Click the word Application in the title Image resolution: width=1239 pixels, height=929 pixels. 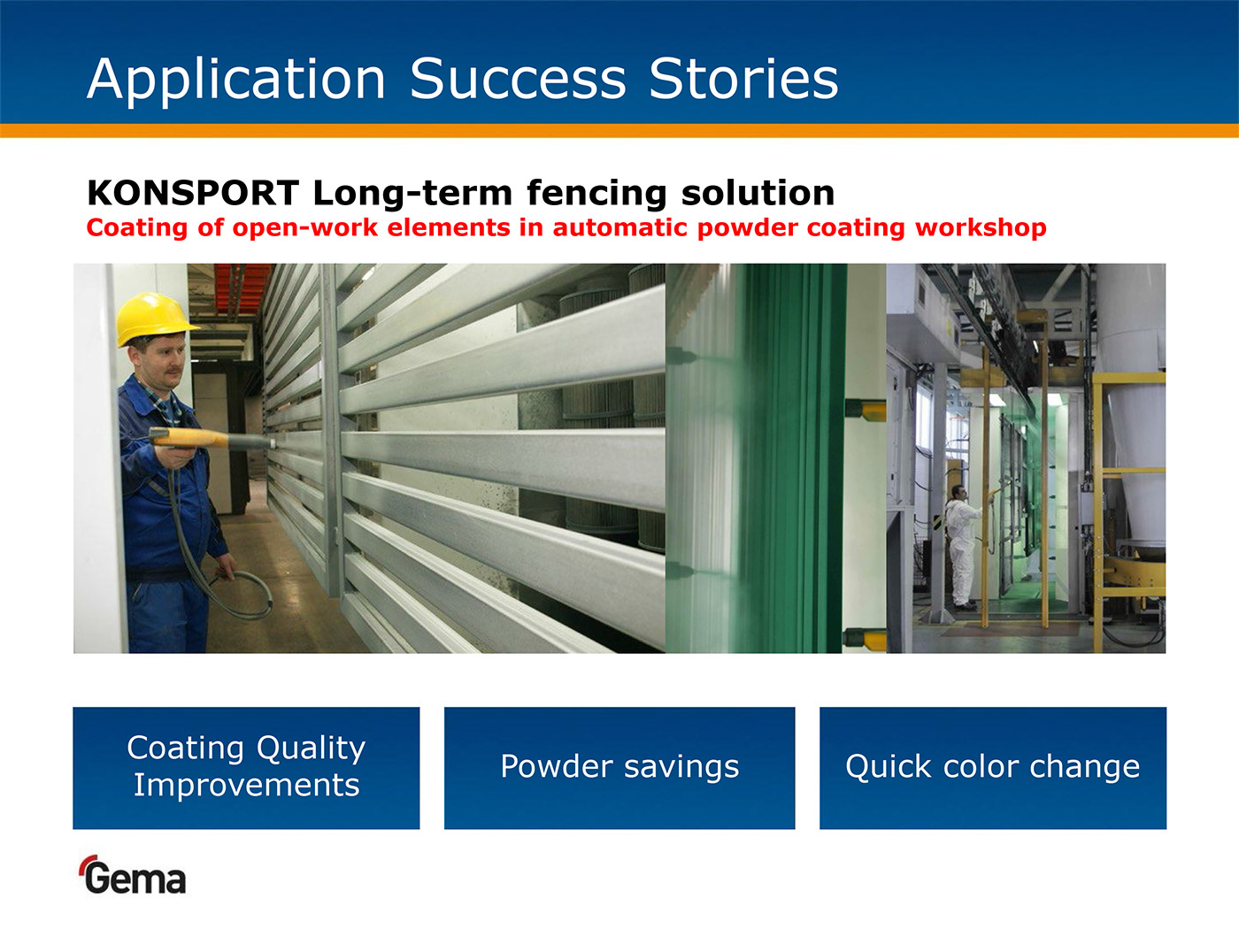coord(236,81)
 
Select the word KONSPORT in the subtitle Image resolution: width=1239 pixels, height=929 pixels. coord(192,193)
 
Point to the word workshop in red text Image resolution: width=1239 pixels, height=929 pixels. coord(981,228)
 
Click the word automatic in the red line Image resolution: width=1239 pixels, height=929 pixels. coord(619,227)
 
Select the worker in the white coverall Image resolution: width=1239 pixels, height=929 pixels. coord(964,546)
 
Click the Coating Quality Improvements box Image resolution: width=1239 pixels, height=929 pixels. coord(246,768)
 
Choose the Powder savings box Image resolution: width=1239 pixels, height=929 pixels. coord(619,768)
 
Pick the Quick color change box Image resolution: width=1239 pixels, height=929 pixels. coord(993,768)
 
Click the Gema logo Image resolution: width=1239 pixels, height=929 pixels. coord(134,875)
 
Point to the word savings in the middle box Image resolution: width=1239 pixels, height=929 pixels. coord(681,767)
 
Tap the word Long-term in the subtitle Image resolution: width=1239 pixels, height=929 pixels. coord(412,193)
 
